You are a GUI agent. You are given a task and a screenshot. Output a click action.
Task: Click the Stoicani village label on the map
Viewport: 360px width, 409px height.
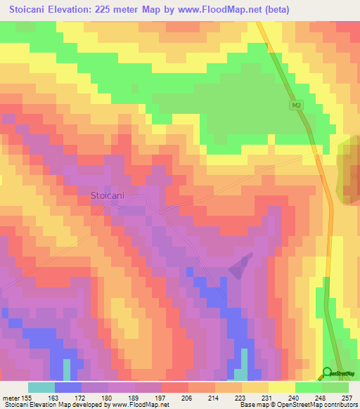(x=107, y=196)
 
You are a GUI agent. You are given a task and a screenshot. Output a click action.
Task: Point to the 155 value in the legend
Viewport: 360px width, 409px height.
(x=25, y=397)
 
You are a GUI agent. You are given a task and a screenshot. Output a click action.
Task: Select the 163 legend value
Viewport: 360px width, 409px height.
(x=54, y=397)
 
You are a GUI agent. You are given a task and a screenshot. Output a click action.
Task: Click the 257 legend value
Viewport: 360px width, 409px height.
(x=347, y=397)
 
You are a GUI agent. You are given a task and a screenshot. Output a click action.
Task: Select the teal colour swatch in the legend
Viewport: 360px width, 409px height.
(x=41, y=387)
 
